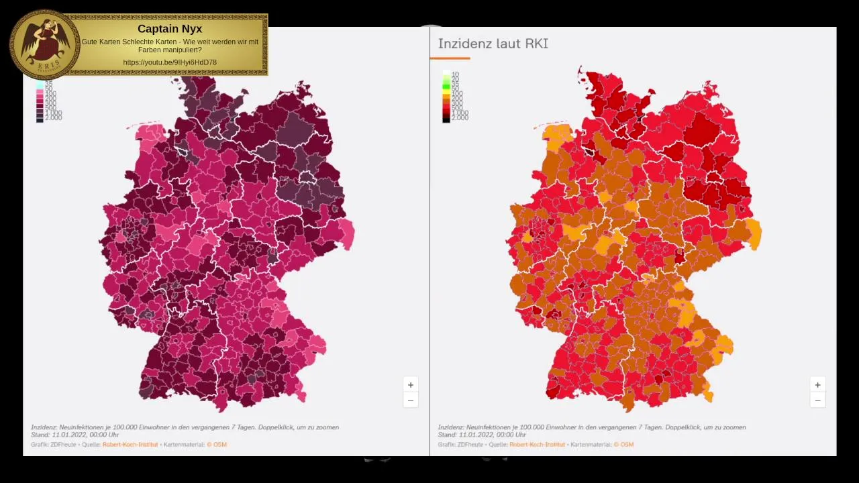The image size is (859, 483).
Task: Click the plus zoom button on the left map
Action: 411,385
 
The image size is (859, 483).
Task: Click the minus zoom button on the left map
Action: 411,400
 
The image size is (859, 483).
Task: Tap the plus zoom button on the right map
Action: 817,385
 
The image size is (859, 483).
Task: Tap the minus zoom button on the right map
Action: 817,400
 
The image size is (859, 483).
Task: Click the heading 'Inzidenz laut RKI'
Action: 493,44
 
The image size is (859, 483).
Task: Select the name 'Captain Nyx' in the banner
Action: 170,29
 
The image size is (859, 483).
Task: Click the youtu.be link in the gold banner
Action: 170,62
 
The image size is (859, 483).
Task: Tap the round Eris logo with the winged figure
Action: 44,44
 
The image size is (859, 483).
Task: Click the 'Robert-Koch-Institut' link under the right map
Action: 537,445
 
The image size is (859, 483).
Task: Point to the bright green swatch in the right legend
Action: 446,85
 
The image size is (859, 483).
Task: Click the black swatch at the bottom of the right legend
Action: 446,118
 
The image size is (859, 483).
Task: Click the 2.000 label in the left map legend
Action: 54,118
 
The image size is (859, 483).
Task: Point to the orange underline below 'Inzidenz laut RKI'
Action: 450,58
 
